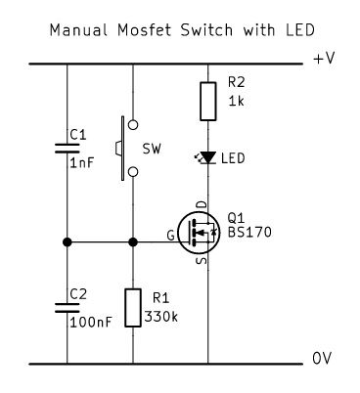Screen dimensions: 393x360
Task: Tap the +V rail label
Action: [324, 60]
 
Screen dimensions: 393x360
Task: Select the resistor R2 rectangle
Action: [203, 100]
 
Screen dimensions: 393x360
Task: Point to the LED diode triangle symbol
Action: [203, 156]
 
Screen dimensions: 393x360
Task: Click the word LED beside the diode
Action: [235, 156]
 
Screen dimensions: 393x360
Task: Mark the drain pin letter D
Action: [201, 205]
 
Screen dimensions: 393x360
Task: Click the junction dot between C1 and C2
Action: [67, 240]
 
